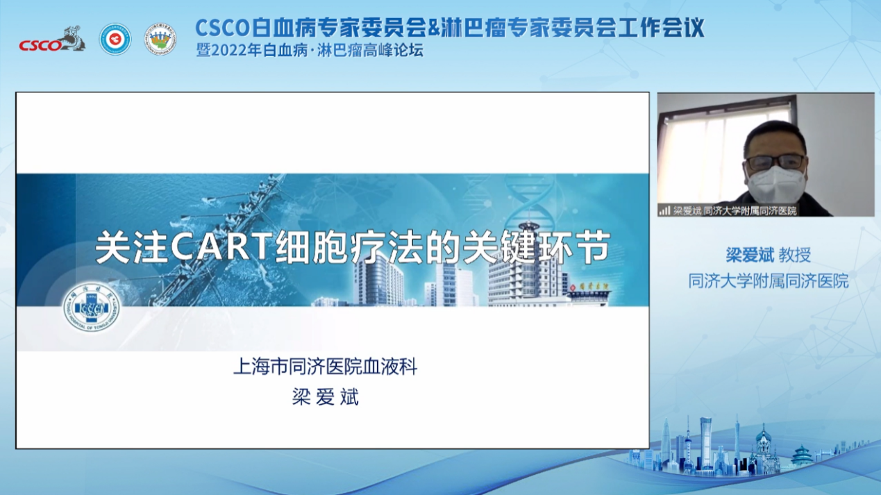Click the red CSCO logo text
click(40, 45)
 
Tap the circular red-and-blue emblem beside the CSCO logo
click(115, 39)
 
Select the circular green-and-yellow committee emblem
click(160, 39)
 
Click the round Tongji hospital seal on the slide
click(91, 307)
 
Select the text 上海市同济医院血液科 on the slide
click(325, 367)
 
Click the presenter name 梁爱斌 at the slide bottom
click(325, 398)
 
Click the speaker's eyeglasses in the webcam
click(775, 162)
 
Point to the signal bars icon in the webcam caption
click(664, 210)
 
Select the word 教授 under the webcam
click(794, 255)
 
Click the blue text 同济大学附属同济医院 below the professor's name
click(768, 281)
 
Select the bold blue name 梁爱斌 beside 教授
click(750, 255)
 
